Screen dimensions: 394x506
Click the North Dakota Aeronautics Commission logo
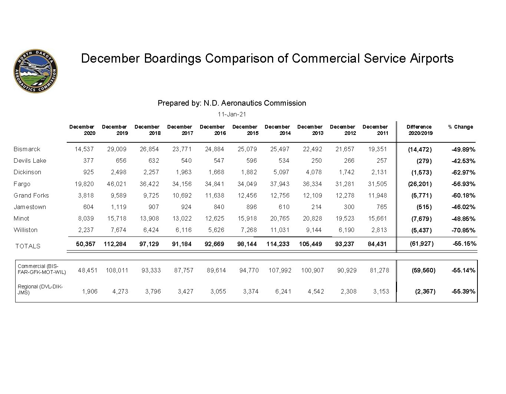click(36, 70)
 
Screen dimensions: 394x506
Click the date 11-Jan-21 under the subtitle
click(232, 114)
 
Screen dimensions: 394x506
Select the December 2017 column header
click(180, 130)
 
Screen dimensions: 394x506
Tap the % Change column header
click(460, 127)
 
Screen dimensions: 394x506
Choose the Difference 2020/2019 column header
click(419, 130)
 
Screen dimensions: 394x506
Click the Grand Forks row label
click(31, 195)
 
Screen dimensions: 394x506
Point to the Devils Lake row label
click(30, 160)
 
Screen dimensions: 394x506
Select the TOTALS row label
click(28, 246)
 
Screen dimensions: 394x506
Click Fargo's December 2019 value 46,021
click(116, 184)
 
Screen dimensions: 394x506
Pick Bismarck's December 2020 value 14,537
click(84, 149)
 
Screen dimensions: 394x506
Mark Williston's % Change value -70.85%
click(463, 230)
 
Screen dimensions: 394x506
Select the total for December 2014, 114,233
click(278, 244)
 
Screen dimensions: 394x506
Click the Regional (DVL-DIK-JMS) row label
click(40, 289)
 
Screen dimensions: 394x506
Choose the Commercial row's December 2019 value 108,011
click(117, 270)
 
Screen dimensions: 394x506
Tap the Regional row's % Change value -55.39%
click(463, 291)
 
